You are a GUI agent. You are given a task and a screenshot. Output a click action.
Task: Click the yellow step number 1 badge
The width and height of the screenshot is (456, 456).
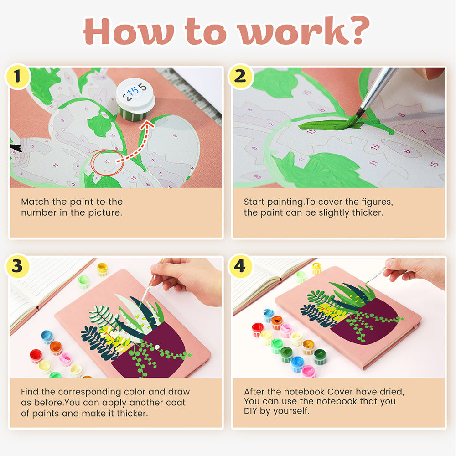point(18,76)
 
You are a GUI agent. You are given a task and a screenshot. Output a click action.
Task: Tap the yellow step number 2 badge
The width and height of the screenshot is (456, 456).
point(240,76)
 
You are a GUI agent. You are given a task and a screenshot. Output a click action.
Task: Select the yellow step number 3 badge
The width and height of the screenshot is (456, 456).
point(18,266)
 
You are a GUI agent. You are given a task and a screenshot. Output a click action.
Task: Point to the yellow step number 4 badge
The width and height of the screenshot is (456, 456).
point(240,266)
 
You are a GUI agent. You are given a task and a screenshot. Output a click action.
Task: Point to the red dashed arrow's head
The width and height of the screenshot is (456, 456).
point(147,125)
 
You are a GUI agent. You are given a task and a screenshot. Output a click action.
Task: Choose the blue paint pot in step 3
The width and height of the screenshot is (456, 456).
point(47,337)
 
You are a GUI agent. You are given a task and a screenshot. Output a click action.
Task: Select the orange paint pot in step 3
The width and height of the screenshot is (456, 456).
point(56,348)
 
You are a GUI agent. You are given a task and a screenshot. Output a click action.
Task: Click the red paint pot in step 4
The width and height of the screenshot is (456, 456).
point(258,330)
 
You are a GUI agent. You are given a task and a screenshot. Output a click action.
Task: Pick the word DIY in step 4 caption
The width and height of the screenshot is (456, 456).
point(251,411)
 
